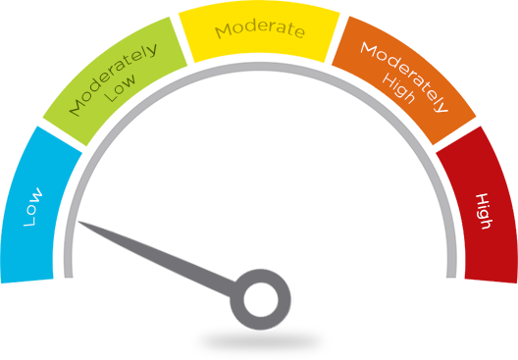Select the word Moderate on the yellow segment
(x=260, y=28)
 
